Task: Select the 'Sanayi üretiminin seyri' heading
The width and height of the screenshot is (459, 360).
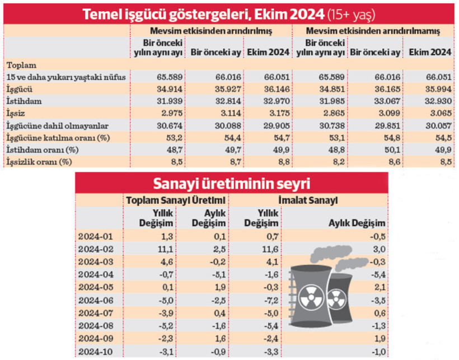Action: pos(231,183)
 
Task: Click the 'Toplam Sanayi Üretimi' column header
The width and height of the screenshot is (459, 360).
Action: pos(176,200)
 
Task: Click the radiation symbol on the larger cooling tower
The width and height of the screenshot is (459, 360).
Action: pos(311,294)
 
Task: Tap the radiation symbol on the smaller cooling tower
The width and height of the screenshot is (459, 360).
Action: pos(338,296)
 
